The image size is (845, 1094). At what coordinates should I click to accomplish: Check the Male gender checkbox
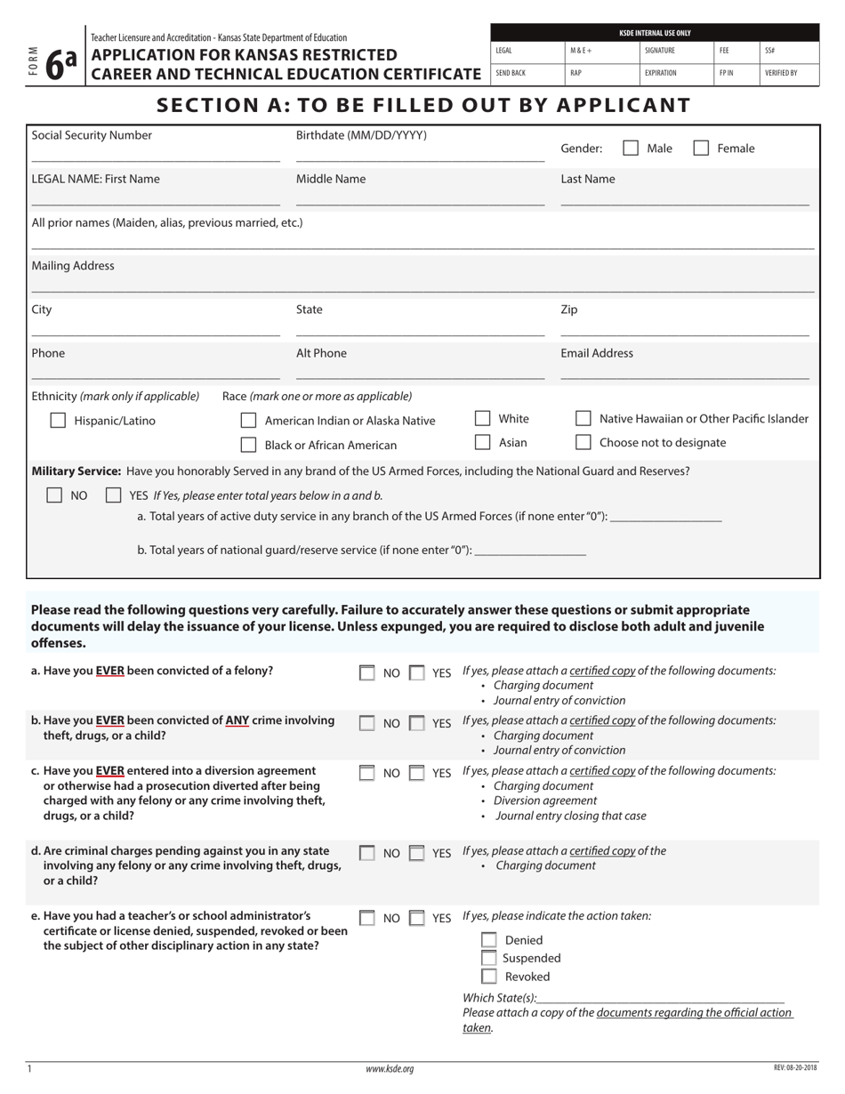[631, 149]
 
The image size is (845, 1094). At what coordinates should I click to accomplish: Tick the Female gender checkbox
[701, 149]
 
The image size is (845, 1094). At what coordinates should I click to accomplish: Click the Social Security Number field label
[92, 135]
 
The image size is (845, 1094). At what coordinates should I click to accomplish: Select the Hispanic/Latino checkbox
[58, 421]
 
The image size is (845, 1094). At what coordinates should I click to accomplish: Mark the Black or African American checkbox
[249, 445]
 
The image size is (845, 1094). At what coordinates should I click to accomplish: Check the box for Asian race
[483, 442]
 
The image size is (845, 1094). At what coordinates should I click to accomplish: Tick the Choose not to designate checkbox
[583, 442]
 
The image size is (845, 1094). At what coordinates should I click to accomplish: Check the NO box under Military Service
[54, 495]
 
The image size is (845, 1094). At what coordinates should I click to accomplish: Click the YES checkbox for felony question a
[416, 673]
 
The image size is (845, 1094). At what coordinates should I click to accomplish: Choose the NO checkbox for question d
[366, 853]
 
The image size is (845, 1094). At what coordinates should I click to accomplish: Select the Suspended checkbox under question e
[488, 958]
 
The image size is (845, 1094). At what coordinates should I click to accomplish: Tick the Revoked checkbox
[488, 976]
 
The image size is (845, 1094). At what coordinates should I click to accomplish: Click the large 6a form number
[60, 64]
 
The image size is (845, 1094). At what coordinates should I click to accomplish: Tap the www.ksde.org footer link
[390, 1069]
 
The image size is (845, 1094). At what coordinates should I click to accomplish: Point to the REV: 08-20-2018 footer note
[795, 1067]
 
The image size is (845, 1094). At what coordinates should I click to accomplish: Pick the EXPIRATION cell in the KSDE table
[661, 73]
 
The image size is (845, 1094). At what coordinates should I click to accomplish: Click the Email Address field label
[597, 353]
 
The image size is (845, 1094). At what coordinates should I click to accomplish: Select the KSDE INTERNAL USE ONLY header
[655, 33]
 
